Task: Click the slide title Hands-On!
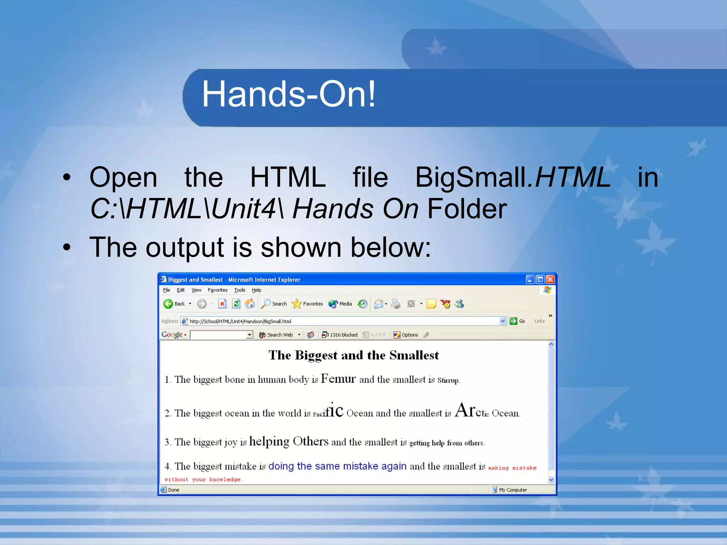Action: (x=288, y=94)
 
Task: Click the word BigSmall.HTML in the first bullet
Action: (x=513, y=177)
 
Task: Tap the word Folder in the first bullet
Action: (x=467, y=209)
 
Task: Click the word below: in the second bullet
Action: (x=391, y=247)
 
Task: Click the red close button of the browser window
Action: (x=550, y=280)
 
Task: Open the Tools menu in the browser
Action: (x=240, y=290)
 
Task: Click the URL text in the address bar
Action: (x=240, y=321)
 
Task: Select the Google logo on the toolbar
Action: (x=172, y=335)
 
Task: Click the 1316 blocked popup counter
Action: (x=340, y=335)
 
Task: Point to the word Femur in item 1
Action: (x=338, y=379)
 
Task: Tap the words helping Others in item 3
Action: (x=289, y=441)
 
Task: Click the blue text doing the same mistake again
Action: (x=337, y=466)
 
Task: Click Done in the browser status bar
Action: (x=174, y=490)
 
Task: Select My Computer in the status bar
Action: (x=513, y=490)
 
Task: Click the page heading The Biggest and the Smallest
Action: (x=354, y=355)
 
